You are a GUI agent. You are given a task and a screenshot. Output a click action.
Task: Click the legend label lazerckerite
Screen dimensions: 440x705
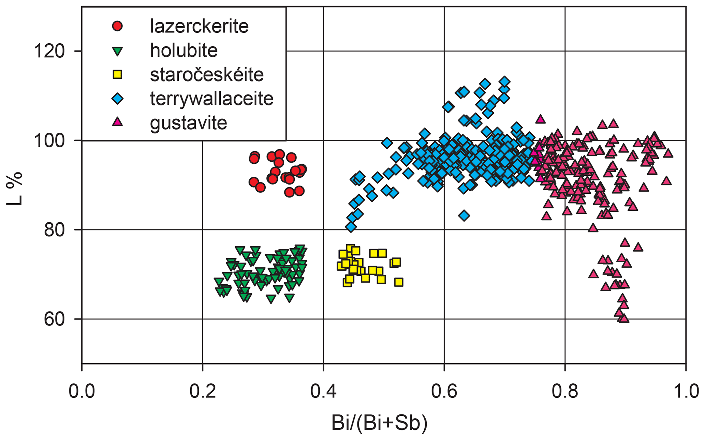click(199, 26)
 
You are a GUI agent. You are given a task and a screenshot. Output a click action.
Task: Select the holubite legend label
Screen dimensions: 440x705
click(184, 50)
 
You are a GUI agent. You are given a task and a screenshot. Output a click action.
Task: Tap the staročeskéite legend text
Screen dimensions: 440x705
click(207, 75)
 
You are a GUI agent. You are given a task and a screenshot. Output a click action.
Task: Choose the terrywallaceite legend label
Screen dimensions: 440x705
click(211, 99)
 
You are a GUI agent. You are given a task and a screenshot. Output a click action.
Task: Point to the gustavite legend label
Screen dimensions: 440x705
click(188, 123)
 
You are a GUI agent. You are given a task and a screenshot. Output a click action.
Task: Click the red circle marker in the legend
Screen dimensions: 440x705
click(117, 26)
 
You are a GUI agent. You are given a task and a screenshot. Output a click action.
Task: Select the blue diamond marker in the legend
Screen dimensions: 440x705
click(117, 99)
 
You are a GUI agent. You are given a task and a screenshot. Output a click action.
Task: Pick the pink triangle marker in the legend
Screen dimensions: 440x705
click(117, 122)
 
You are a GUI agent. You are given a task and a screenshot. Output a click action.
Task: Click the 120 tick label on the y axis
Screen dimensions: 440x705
click(49, 52)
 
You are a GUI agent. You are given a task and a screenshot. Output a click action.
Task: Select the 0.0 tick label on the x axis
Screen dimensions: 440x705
click(82, 392)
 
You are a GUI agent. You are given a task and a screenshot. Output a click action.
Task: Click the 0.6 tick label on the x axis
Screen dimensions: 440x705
click(444, 392)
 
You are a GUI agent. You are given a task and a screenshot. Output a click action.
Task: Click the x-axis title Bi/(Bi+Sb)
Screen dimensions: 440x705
click(379, 423)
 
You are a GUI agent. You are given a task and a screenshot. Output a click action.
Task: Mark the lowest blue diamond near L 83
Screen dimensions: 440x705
click(464, 216)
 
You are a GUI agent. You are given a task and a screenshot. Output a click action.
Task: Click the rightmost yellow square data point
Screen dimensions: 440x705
click(399, 282)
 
